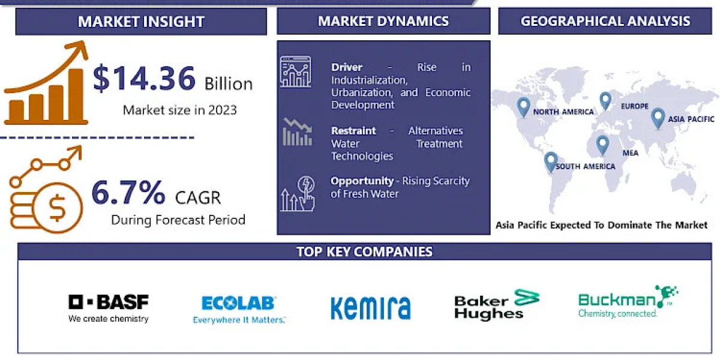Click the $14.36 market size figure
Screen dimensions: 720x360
click(x=144, y=78)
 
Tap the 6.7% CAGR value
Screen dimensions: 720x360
click(x=128, y=192)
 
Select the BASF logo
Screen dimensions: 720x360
click(x=109, y=308)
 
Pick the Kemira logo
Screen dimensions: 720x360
click(x=371, y=308)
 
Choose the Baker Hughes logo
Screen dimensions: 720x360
click(x=497, y=304)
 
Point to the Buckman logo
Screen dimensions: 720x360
click(x=628, y=301)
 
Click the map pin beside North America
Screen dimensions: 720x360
click(x=523, y=107)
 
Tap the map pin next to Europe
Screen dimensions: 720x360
click(x=605, y=101)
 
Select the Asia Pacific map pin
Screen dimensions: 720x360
click(x=658, y=119)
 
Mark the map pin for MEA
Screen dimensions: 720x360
click(x=602, y=146)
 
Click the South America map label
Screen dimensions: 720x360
click(x=586, y=166)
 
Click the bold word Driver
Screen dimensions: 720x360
click(x=347, y=67)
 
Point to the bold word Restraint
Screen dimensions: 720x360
click(x=353, y=131)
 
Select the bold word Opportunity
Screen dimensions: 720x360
click(x=362, y=181)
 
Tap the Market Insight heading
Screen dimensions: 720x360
click(x=141, y=22)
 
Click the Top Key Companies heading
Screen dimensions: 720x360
click(x=365, y=251)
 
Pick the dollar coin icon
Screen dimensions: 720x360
click(x=58, y=208)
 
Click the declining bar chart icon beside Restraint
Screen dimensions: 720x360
click(x=298, y=132)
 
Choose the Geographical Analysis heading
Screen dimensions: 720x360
click(x=605, y=21)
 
